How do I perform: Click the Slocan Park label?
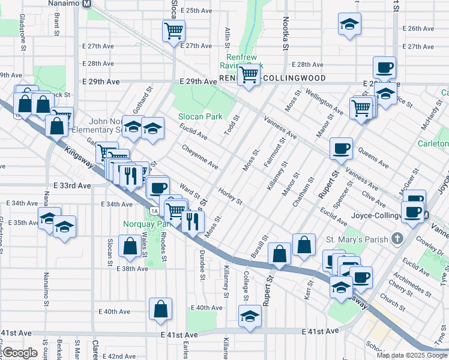(200, 116)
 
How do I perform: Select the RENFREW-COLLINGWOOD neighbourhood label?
(273, 79)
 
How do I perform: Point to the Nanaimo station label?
(68, 4)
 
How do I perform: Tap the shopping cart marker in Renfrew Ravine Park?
(249, 75)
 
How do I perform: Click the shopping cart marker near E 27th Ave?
(173, 30)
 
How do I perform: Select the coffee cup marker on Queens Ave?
(342, 148)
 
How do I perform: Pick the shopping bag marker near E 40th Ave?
(161, 309)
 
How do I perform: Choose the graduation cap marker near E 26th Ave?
(349, 24)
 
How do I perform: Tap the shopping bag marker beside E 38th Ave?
(130, 245)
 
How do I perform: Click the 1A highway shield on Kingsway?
(154, 211)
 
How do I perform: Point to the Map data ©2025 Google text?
(412, 355)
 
